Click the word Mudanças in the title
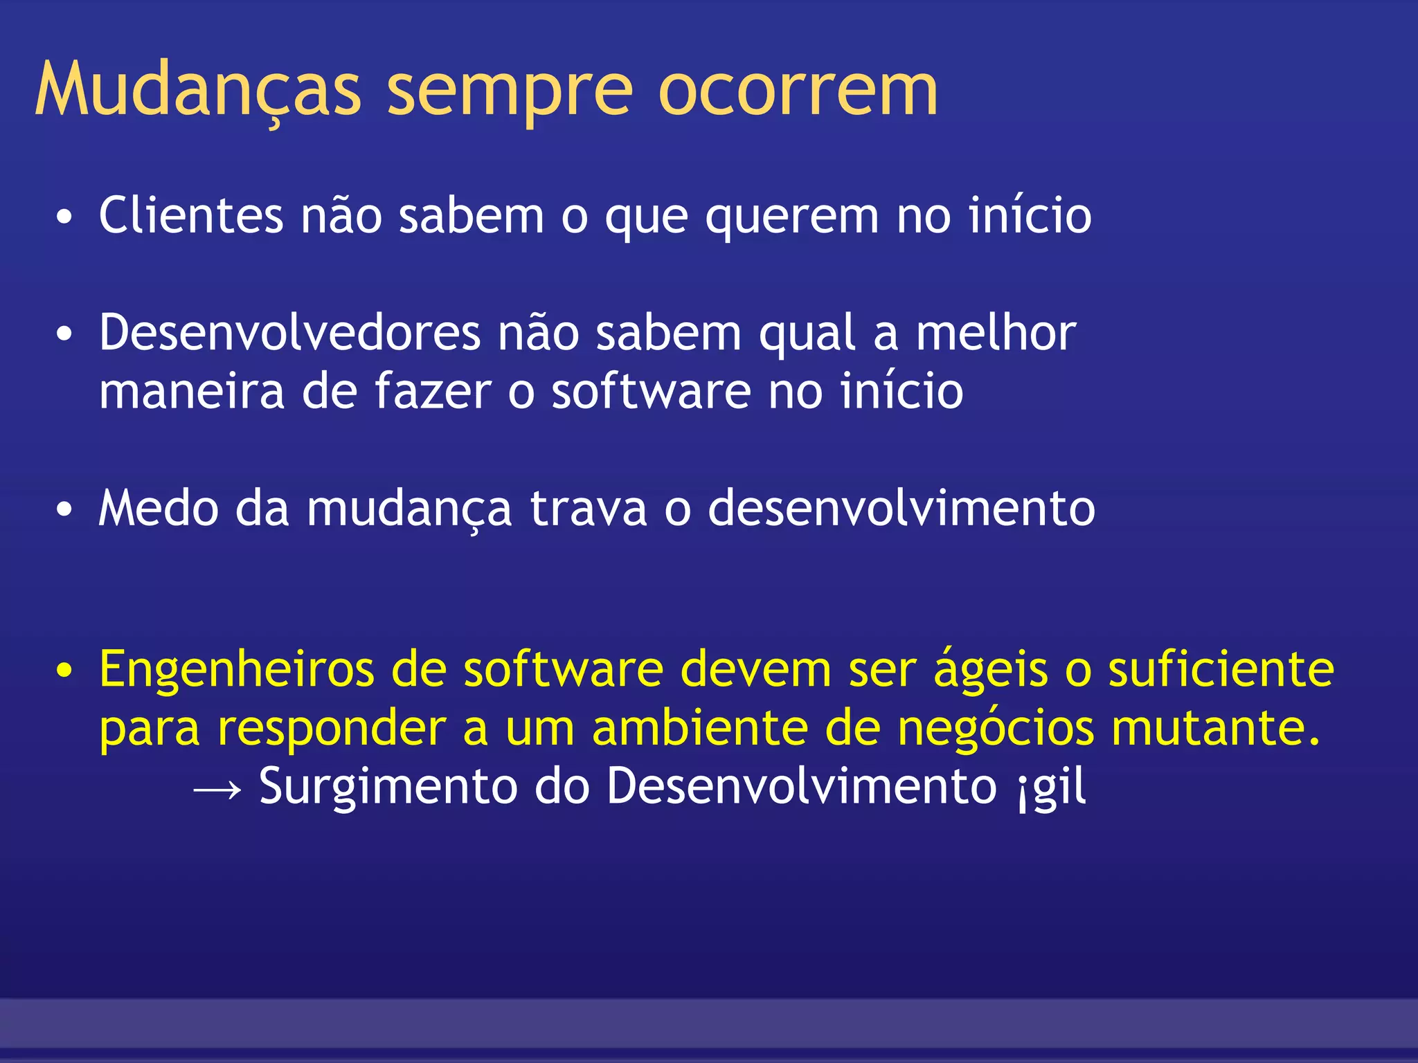[198, 90]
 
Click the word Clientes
[191, 215]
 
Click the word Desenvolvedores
[289, 334]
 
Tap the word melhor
[996, 334]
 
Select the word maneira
[191, 392]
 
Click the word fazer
[433, 391]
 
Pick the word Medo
[159, 509]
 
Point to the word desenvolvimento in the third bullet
[901, 509]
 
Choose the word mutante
[1216, 728]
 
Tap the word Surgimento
[388, 788]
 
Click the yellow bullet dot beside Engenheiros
[64, 671]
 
